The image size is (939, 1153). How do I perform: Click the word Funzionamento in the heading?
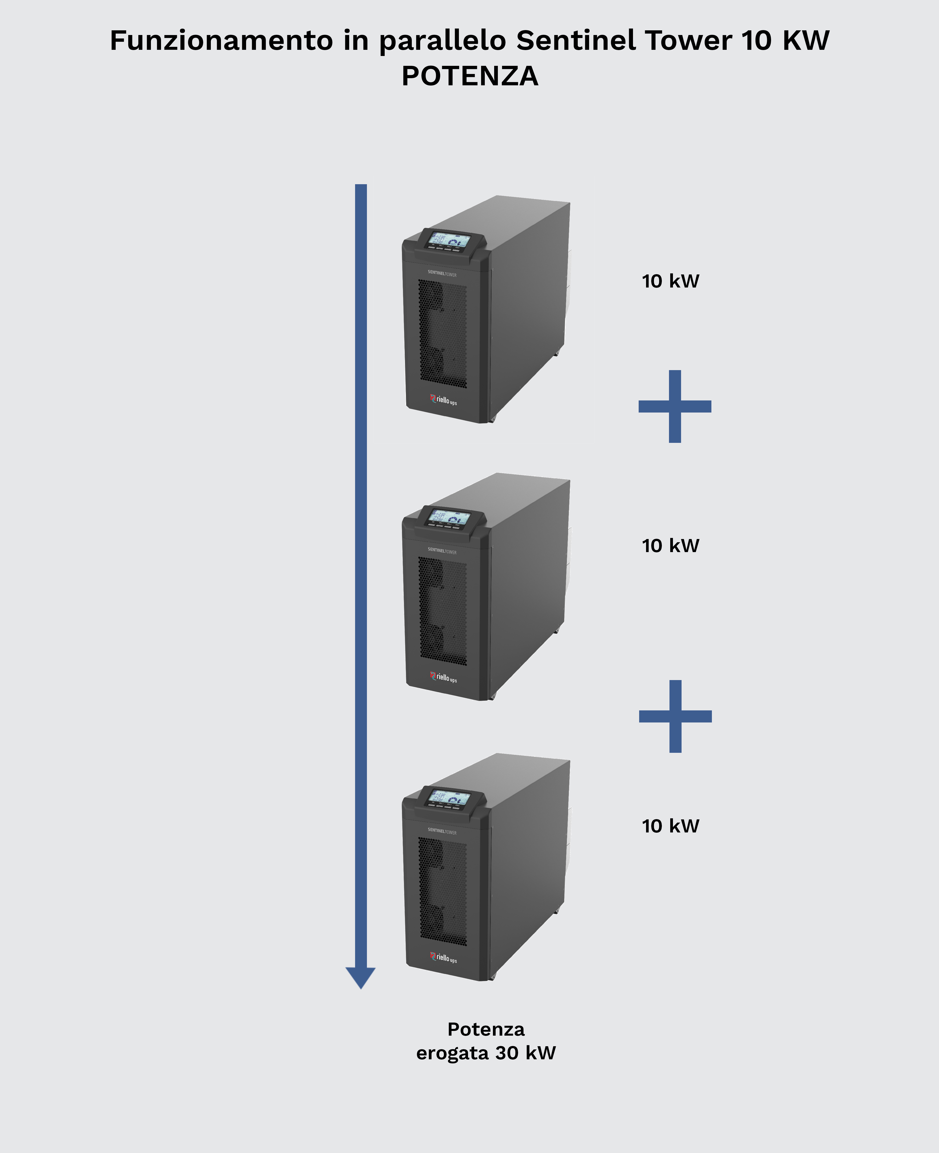pyautogui.click(x=221, y=40)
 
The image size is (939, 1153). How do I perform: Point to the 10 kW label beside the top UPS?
pyautogui.click(x=670, y=281)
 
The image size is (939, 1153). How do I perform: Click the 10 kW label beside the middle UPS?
pyautogui.click(x=670, y=546)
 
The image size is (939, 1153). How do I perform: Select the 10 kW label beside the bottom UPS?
pyautogui.click(x=670, y=826)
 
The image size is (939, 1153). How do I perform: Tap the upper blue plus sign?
pyautogui.click(x=674, y=406)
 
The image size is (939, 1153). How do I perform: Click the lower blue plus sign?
pyautogui.click(x=675, y=716)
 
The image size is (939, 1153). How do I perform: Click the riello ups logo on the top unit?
pyautogui.click(x=444, y=400)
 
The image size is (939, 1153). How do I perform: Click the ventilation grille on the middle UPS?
pyautogui.click(x=442, y=611)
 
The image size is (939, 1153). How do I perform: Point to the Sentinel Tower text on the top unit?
pyautogui.click(x=442, y=274)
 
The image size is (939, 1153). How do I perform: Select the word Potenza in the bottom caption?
pyautogui.click(x=486, y=1029)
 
